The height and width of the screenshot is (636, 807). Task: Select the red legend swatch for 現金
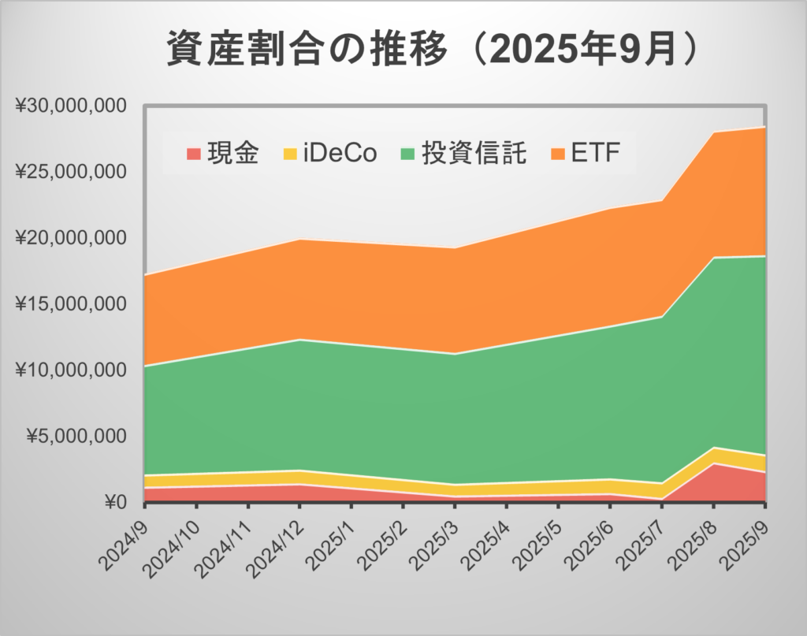pos(192,152)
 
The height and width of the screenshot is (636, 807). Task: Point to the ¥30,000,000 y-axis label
pos(72,105)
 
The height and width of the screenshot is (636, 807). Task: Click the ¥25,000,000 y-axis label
pos(72,171)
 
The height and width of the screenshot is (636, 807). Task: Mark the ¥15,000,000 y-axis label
pos(72,303)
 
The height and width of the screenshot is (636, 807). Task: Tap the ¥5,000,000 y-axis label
pos(76,436)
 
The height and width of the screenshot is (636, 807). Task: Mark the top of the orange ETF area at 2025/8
pos(713,132)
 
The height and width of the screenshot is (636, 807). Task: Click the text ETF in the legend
pos(592,152)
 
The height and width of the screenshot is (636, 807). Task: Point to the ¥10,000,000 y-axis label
pos(72,370)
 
